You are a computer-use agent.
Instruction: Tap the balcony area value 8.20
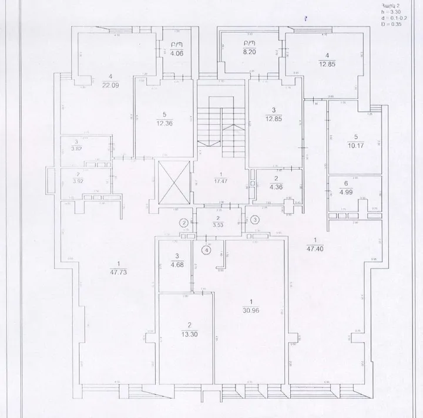(250, 51)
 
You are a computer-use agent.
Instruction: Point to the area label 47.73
(119, 272)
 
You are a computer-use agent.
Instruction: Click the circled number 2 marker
(184, 223)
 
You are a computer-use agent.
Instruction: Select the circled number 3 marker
(254, 220)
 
